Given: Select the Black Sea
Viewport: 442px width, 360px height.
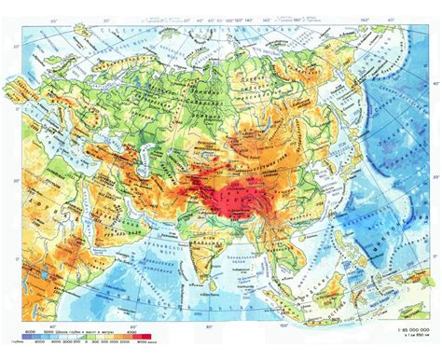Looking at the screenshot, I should pyautogui.click(x=80, y=140).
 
